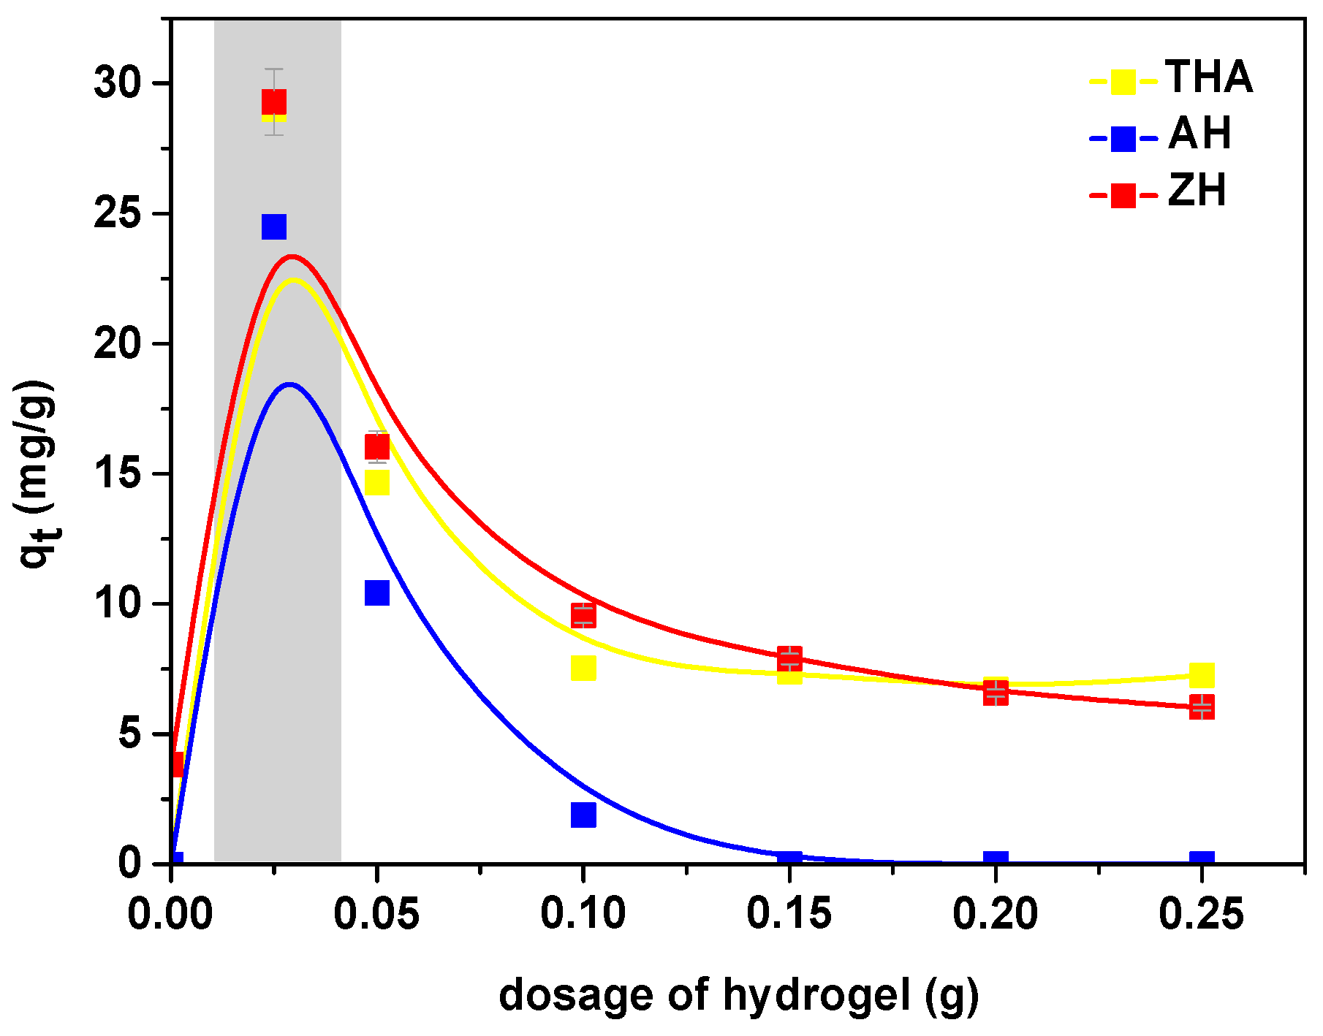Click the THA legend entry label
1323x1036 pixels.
[x=1209, y=77]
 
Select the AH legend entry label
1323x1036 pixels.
[x=1199, y=134]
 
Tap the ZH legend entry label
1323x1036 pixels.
[x=1197, y=191]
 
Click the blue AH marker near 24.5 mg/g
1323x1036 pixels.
[x=273, y=226]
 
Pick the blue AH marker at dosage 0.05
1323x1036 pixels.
[x=376, y=593]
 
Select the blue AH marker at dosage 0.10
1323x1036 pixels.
[x=583, y=814]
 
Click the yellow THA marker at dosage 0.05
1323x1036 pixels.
[x=376, y=482]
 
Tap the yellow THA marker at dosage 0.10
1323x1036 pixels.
[x=583, y=667]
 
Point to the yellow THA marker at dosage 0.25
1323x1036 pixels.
[x=1201, y=675]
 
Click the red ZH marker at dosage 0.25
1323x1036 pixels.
[x=1201, y=706]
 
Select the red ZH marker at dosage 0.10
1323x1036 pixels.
[x=583, y=615]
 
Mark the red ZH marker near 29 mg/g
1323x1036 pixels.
[x=273, y=102]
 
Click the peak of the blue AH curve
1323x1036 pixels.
[x=290, y=384]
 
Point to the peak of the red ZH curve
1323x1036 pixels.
[x=292, y=256]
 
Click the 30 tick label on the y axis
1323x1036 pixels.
[x=117, y=84]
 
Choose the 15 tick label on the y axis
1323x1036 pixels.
[x=117, y=474]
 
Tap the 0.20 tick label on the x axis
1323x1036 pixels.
[x=995, y=914]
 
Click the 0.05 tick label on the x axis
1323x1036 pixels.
[x=376, y=914]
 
